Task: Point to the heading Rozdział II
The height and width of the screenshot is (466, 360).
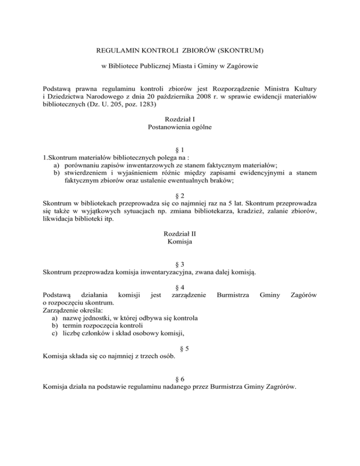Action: pyautogui.click(x=180, y=233)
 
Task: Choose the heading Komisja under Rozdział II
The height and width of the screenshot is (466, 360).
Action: pyautogui.click(x=180, y=241)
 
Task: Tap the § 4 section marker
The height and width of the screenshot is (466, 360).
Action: pyautogui.click(x=180, y=286)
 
